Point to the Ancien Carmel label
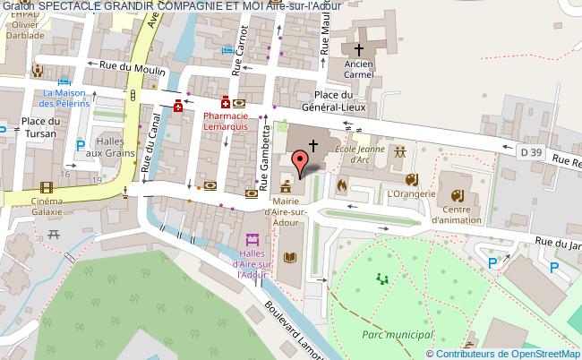[x=359, y=70]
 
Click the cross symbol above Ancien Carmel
[x=359, y=50]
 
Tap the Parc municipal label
[x=398, y=334]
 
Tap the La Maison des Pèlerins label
[x=67, y=99]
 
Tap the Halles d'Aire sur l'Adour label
[x=253, y=261]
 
